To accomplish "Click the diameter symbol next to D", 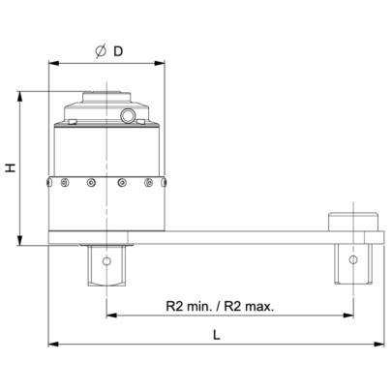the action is (101, 51).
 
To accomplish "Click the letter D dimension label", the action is (118, 51).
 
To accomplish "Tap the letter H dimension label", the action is (12, 167).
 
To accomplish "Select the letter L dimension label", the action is (217, 335).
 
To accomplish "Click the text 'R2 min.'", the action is (189, 306).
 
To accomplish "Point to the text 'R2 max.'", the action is (249, 306).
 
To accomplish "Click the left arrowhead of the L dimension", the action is (53, 345).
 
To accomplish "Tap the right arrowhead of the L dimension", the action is (379, 345).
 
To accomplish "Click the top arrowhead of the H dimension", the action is (20, 97).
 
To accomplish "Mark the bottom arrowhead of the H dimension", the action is (20, 240).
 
